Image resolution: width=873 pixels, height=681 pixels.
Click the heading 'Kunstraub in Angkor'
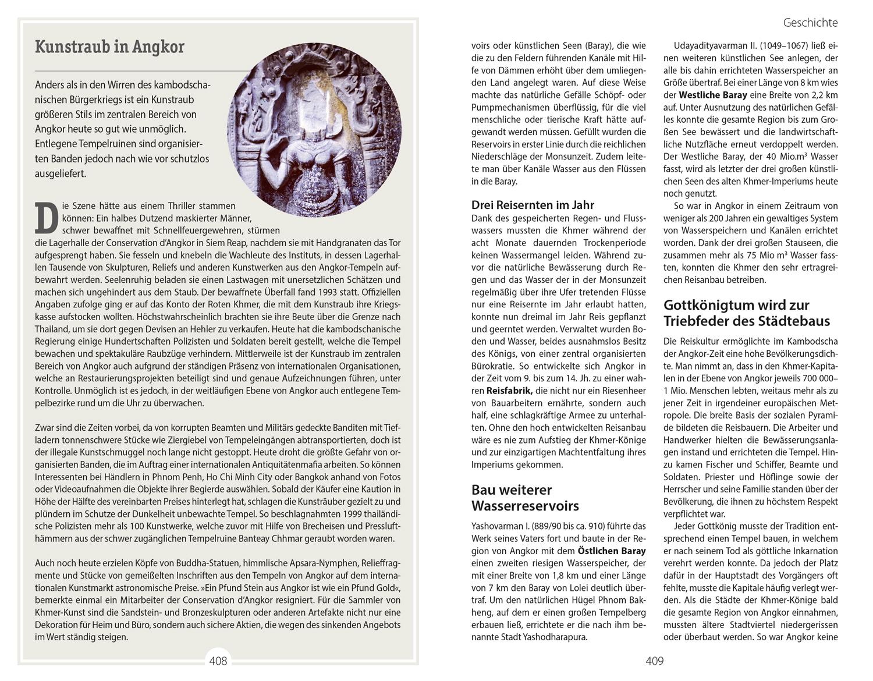pyautogui.click(x=109, y=47)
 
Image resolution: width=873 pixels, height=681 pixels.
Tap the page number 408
pyautogui.click(x=218, y=661)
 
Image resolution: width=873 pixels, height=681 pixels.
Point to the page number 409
pyautogui.click(x=654, y=661)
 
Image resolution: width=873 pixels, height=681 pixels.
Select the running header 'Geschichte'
pyautogui.click(x=810, y=23)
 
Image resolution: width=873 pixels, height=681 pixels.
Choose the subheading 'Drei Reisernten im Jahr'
pyautogui.click(x=533, y=205)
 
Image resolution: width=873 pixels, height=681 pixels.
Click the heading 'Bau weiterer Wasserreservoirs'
pyautogui.click(x=525, y=498)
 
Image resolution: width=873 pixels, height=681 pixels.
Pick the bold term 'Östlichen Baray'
pyautogui.click(x=611, y=551)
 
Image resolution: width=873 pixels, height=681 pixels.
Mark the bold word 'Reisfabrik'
pyautogui.click(x=502, y=391)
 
